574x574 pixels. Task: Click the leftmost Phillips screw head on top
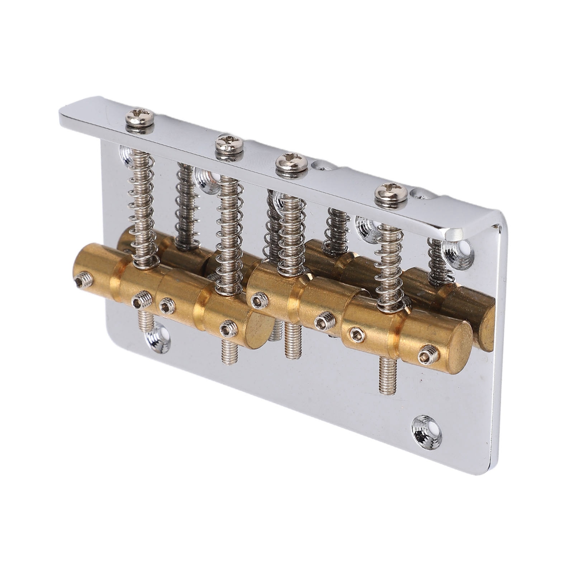pyautogui.click(x=140, y=116)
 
